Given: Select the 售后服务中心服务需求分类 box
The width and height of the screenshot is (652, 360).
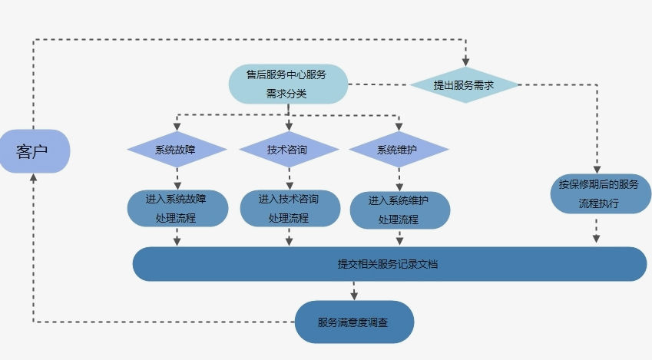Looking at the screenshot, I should pyautogui.click(x=288, y=84).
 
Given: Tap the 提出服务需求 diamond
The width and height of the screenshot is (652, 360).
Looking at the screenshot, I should pyautogui.click(x=464, y=85).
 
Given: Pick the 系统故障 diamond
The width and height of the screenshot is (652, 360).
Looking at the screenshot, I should pyautogui.click(x=177, y=150).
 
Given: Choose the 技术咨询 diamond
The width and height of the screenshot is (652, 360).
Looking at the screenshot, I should pyautogui.click(x=289, y=150).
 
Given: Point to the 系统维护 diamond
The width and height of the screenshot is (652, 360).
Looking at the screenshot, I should pyautogui.click(x=399, y=150).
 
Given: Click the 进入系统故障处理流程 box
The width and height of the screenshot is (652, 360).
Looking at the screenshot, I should pyautogui.click(x=177, y=207).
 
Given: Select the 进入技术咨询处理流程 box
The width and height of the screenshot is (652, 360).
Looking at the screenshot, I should pyautogui.click(x=289, y=207).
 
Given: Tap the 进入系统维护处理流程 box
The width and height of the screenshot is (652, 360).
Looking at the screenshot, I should pyautogui.click(x=399, y=210).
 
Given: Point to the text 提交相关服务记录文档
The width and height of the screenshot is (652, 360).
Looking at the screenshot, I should pyautogui.click(x=388, y=264).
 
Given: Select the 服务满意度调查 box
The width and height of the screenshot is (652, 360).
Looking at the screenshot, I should pyautogui.click(x=354, y=322).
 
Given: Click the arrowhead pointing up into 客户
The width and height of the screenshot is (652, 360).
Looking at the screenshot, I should pyautogui.click(x=33, y=177).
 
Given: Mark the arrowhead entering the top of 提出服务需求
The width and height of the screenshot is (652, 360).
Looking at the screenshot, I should pyautogui.click(x=465, y=62).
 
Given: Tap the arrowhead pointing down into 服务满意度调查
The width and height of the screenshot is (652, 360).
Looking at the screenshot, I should pyautogui.click(x=354, y=295).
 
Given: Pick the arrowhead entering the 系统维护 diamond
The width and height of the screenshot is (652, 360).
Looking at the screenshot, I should pyautogui.click(x=399, y=127).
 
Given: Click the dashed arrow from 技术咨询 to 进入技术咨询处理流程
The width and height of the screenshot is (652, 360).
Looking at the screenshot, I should pyautogui.click(x=290, y=178).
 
